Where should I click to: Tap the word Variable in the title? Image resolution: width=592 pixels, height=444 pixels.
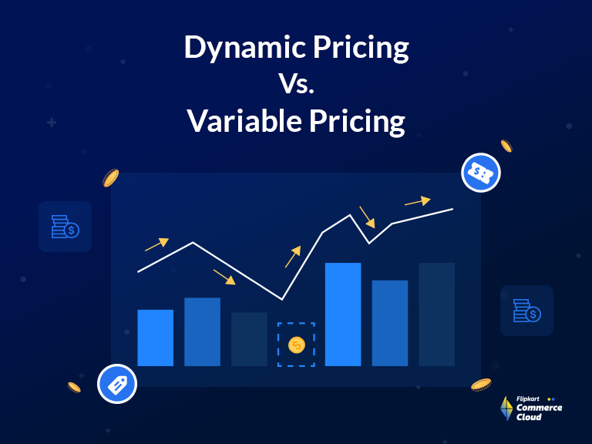click(x=237, y=121)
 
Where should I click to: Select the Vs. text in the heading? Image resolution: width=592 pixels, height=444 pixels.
click(x=296, y=85)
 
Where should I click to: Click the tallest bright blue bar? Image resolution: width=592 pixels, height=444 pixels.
click(x=343, y=314)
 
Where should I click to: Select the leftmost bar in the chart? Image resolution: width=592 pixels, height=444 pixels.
click(x=155, y=338)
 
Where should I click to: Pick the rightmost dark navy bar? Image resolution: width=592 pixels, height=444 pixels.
click(x=437, y=314)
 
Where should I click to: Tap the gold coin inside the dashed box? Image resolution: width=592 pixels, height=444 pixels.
click(x=296, y=345)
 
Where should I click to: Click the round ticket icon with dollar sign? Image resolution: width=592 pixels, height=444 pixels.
click(x=481, y=173)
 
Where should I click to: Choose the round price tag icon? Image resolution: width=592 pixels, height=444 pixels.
click(x=117, y=383)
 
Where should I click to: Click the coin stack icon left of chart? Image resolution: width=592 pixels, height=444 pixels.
click(x=65, y=227)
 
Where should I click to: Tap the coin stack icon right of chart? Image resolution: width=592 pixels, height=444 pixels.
click(x=526, y=311)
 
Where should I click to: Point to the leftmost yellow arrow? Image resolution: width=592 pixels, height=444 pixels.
click(x=156, y=245)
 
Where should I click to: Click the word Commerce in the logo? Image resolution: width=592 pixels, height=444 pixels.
click(x=540, y=408)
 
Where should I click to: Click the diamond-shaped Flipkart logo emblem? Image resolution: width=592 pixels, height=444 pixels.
click(x=506, y=409)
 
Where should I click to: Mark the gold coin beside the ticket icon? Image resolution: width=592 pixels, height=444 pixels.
click(x=506, y=146)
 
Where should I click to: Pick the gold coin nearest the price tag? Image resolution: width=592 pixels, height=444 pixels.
click(x=75, y=387)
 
